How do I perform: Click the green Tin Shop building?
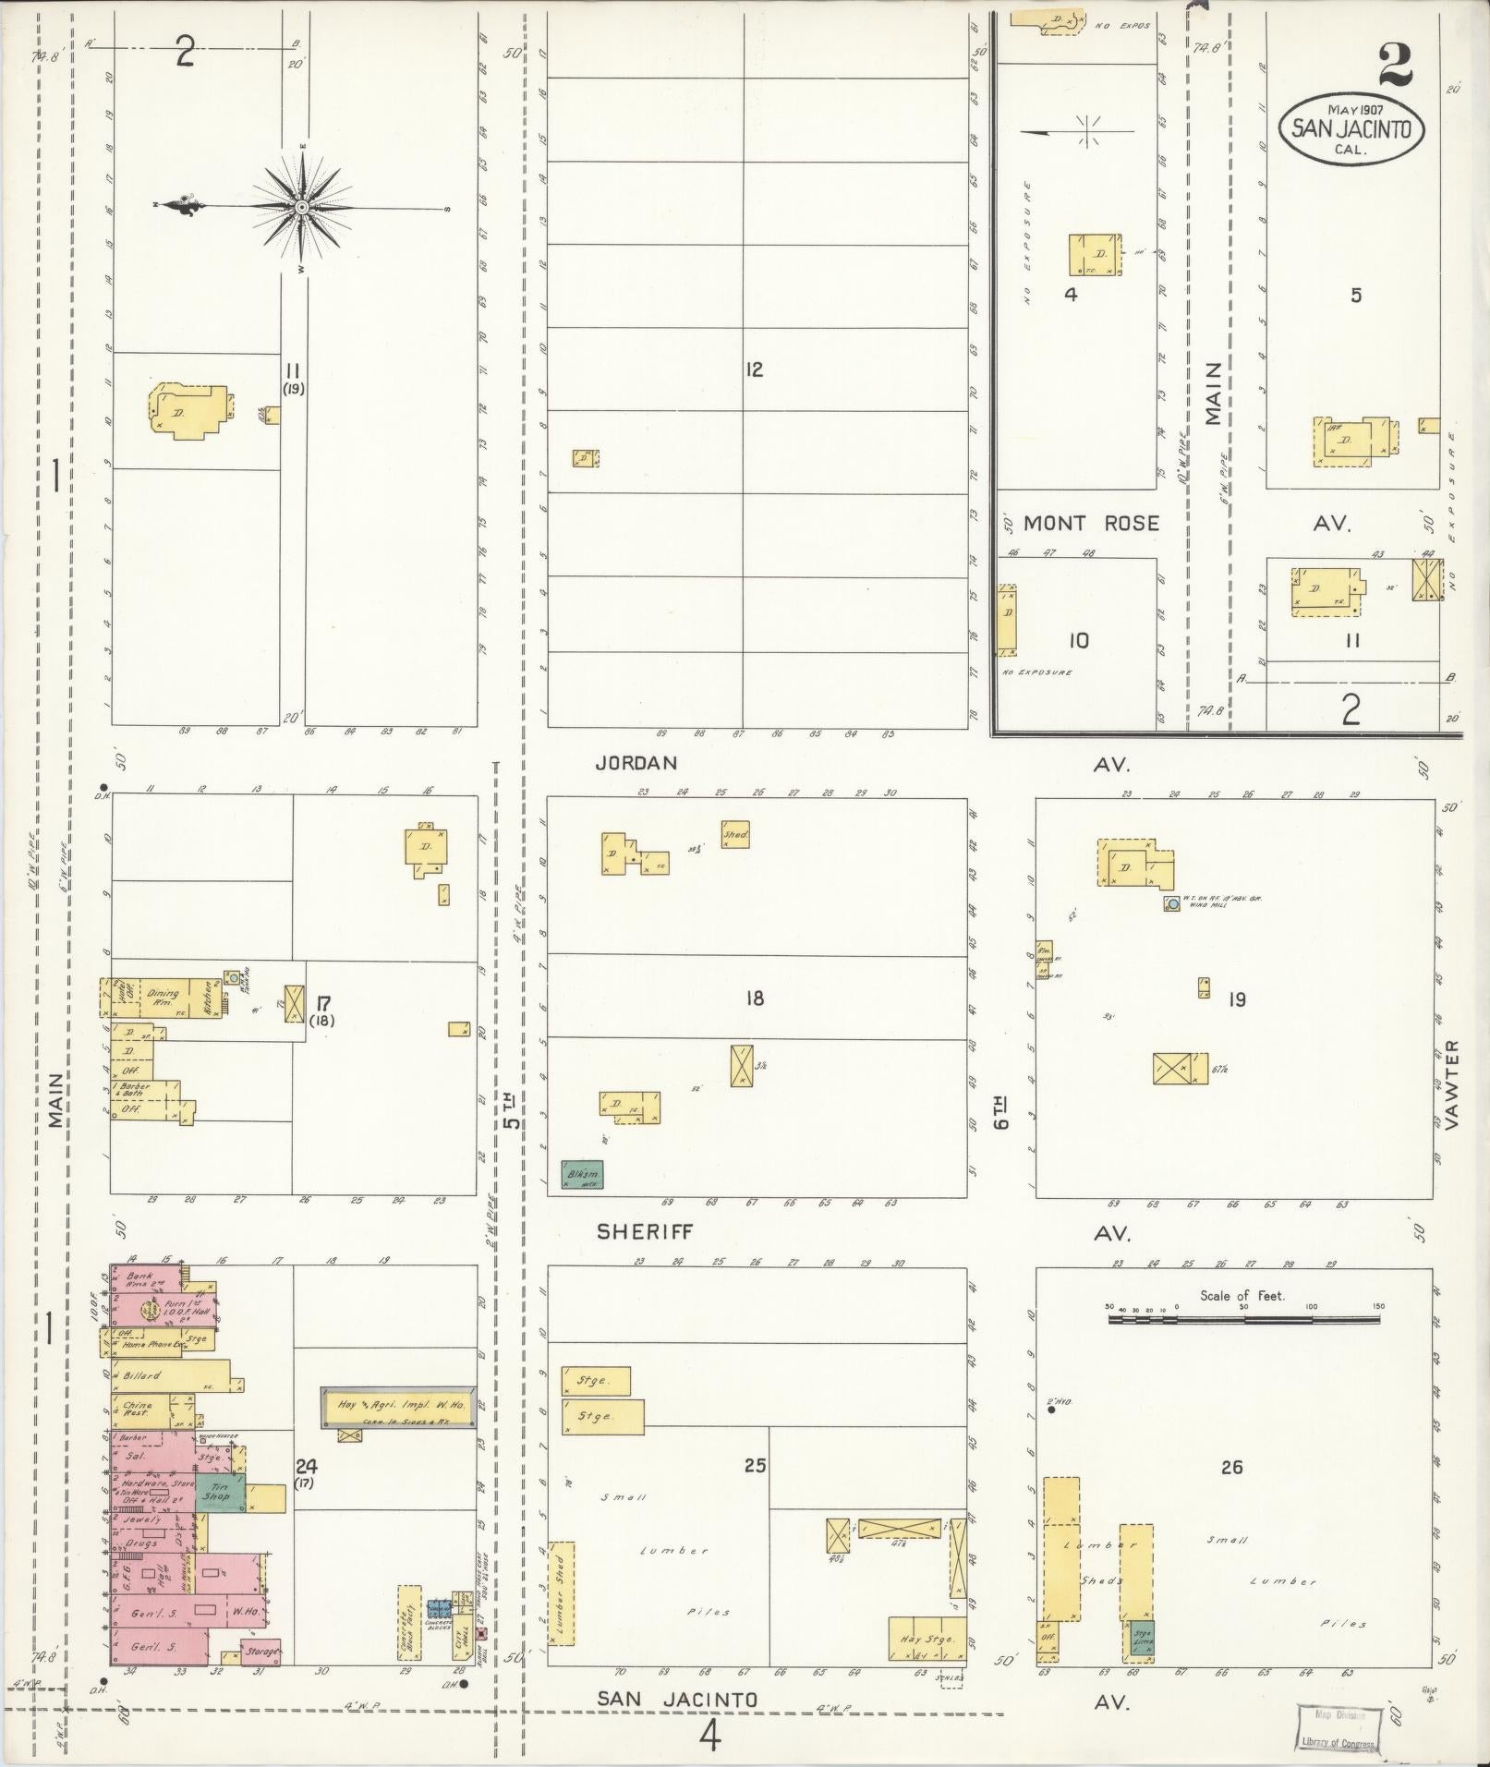[x=220, y=1492]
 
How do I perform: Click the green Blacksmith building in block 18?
[x=582, y=1174]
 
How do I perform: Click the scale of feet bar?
[x=1243, y=1321]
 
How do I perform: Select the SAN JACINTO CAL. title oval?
[x=1351, y=129]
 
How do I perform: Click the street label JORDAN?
[x=636, y=763]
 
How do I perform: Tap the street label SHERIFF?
[x=644, y=1232]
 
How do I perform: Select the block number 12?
[x=754, y=369]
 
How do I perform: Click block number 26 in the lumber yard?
[x=1231, y=1466]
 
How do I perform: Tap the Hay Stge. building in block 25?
[x=927, y=1640]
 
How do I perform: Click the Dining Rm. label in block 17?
[x=163, y=997]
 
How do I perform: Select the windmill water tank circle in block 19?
[x=1171, y=904]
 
